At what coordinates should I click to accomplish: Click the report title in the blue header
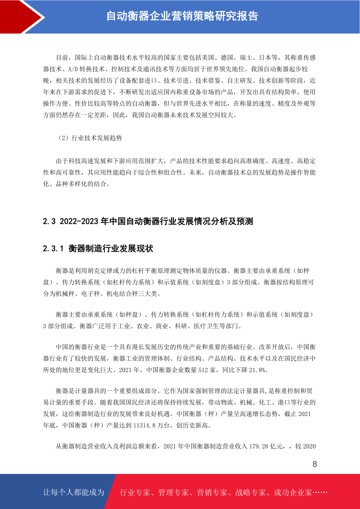(182, 16)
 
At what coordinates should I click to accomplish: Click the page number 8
(315, 464)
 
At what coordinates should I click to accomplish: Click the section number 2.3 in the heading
(49, 222)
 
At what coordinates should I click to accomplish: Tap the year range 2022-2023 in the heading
(79, 222)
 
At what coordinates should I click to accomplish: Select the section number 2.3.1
(53, 249)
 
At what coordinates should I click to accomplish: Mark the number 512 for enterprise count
(203, 370)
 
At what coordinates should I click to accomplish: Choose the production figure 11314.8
(144, 426)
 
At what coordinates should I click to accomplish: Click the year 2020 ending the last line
(309, 446)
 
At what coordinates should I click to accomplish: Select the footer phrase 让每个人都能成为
(74, 492)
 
